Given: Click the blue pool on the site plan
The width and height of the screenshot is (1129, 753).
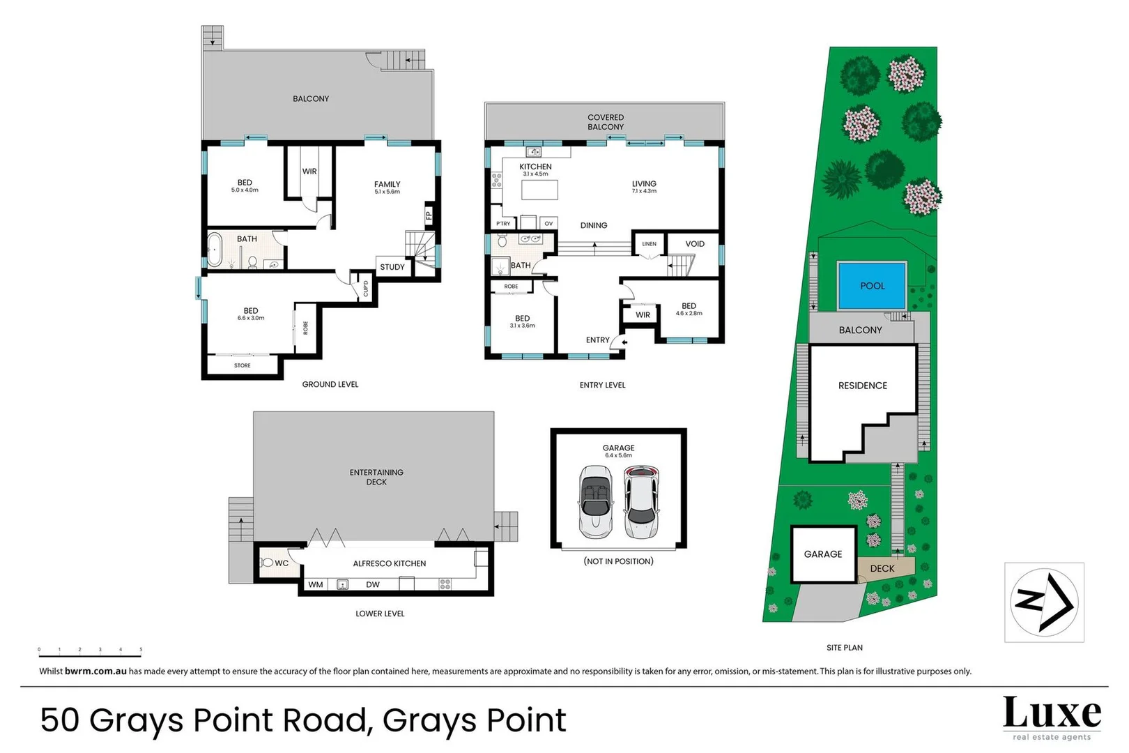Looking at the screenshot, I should coord(872,286).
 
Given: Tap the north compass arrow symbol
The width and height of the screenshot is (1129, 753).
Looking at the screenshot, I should coord(1044,602).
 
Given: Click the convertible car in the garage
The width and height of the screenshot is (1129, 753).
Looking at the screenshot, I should coord(596,502).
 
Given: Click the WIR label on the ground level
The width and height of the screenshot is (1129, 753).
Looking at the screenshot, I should coord(309,171).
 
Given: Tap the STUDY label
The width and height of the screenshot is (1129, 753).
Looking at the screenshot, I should coord(392,267).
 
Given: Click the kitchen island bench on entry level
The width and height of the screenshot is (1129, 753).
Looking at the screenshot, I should coord(540,190).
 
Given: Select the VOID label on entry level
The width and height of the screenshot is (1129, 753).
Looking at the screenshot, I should coord(695,244).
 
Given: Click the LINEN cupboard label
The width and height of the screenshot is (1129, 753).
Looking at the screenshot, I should coord(649,244).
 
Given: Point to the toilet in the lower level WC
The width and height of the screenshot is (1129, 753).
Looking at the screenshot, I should coord(267,563).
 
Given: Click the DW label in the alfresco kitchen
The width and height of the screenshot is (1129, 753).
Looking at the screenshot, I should coord(373,584).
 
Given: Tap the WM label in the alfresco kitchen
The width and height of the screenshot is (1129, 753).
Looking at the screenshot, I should coord(316,584).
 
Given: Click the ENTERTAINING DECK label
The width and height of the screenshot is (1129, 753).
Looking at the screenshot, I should coord(376,477).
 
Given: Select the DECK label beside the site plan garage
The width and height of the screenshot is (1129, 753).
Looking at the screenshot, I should coord(882,568).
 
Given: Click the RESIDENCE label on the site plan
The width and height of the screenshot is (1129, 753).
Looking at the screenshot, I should coord(863,386).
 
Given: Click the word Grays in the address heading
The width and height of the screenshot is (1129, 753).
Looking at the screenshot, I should coord(135,720).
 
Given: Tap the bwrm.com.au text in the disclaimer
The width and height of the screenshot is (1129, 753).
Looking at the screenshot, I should coord(95,671).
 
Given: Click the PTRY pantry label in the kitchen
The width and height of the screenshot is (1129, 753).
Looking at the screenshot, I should coord(503,224).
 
